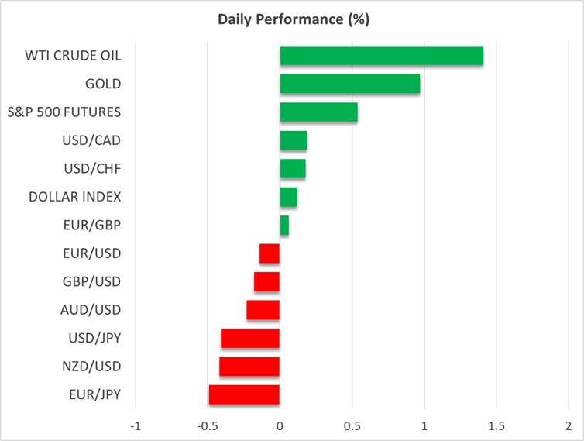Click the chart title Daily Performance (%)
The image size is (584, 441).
coord(292,19)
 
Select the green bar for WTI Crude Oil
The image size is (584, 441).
coord(381,56)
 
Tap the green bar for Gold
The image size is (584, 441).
coord(349,84)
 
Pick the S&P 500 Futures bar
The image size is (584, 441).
coord(318,112)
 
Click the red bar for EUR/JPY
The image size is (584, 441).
coord(244,394)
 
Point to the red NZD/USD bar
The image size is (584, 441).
coord(249,367)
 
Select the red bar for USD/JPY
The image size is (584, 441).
coord(250,338)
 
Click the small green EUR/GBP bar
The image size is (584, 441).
coord(284,226)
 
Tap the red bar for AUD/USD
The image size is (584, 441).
coord(263,310)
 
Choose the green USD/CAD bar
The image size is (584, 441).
coord(294,140)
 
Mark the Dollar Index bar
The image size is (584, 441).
coord(288,197)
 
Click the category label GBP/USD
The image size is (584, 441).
coord(92,281)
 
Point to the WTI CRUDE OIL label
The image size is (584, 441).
coord(74,56)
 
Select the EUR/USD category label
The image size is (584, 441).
coord(92,253)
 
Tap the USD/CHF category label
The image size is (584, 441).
coord(91,169)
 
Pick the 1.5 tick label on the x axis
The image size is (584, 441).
coord(496,425)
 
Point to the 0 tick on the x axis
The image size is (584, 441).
coord(280,425)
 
